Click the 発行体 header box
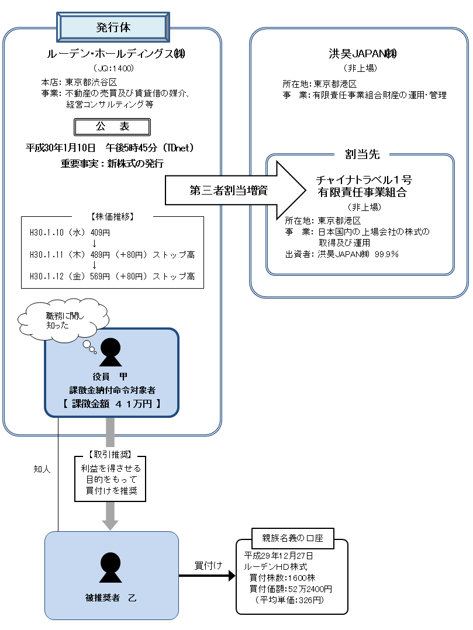(x=113, y=27)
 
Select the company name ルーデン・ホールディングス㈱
(x=113, y=54)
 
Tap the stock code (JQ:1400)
(x=113, y=68)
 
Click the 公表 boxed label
(x=112, y=126)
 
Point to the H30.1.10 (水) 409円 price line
(x=70, y=232)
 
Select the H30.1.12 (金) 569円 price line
(x=112, y=276)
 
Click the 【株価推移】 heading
(x=112, y=216)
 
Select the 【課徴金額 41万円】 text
(x=111, y=403)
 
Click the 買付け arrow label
(x=208, y=565)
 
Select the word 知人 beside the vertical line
(x=42, y=469)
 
